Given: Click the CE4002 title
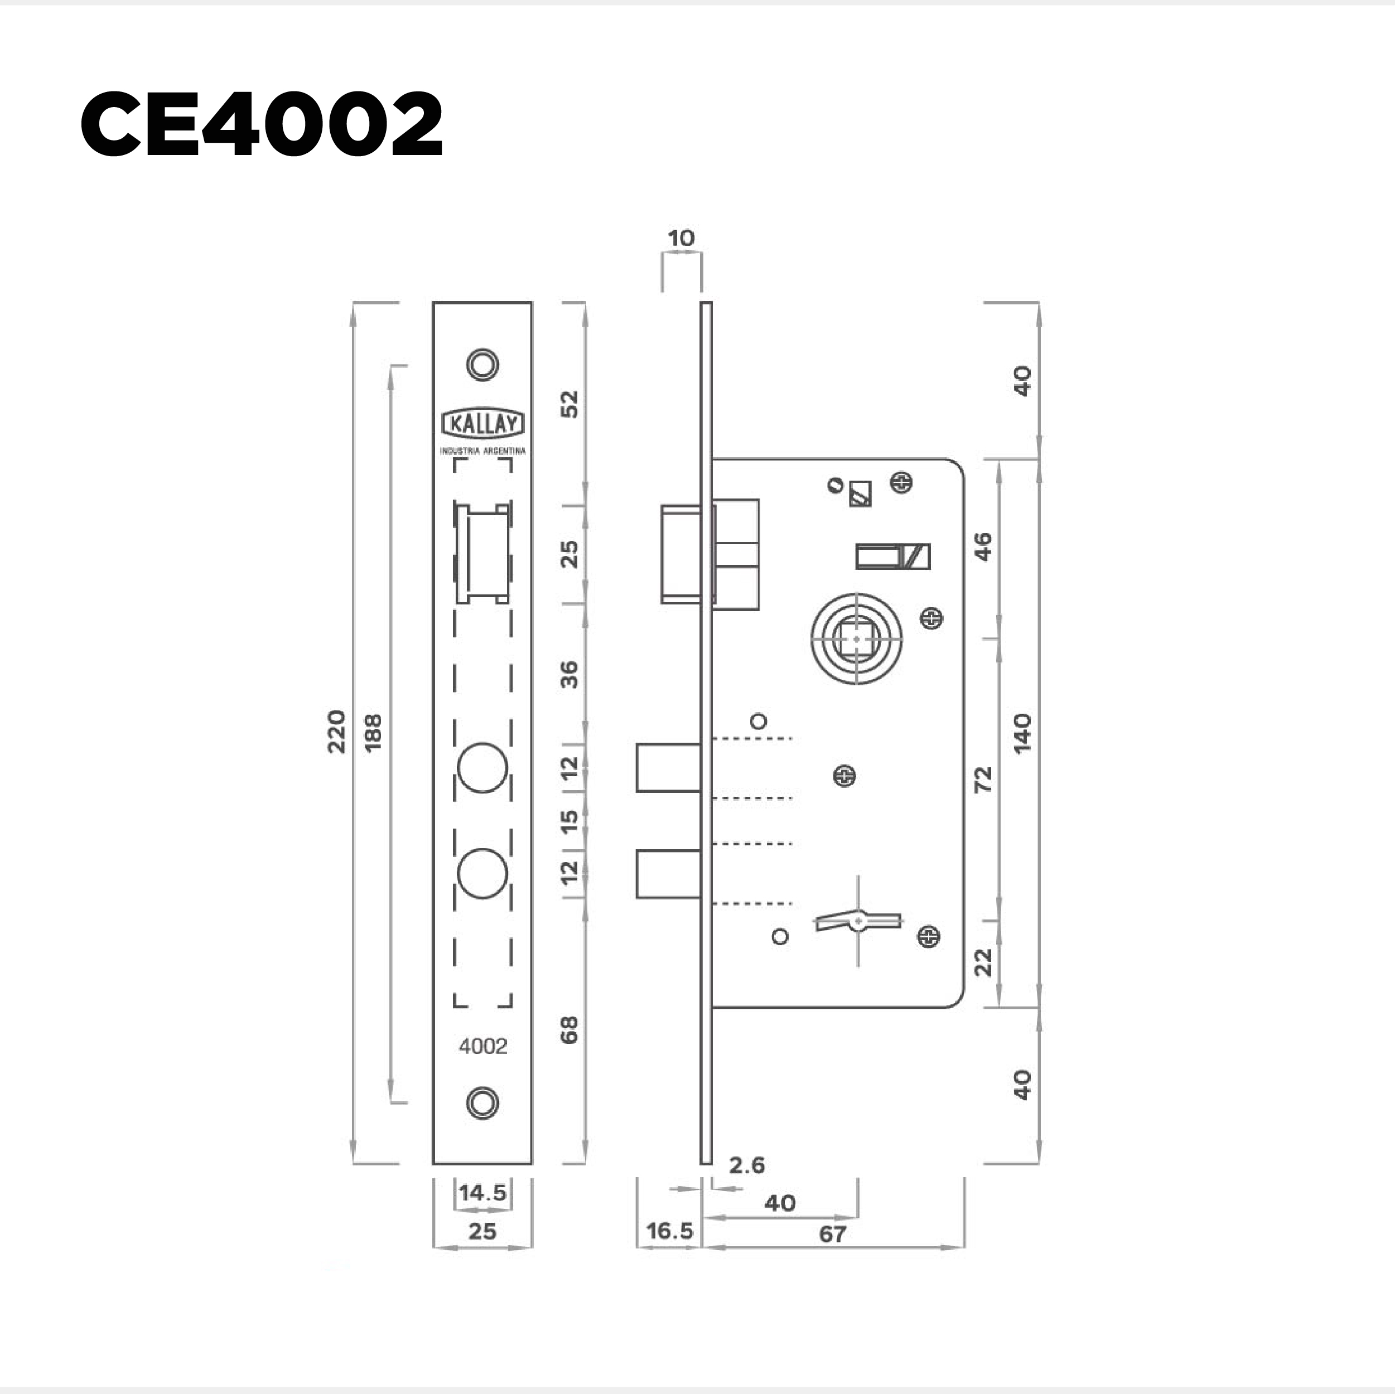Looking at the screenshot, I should (262, 124).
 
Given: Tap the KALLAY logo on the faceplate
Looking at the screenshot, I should (482, 424).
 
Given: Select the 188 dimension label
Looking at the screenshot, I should (373, 732).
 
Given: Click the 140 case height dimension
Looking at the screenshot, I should (1022, 733).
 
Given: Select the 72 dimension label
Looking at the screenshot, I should (983, 780).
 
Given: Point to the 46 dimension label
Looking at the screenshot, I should (983, 546).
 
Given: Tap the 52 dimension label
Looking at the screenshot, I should (569, 404).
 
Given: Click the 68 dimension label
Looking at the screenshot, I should (569, 1029).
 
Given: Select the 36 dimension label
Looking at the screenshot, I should (569, 674).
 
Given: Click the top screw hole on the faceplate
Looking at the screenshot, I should (482, 364).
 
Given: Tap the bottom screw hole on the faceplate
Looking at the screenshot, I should (482, 1102).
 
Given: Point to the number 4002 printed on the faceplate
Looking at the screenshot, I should (483, 1046).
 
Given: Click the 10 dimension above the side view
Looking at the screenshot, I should (681, 238).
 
